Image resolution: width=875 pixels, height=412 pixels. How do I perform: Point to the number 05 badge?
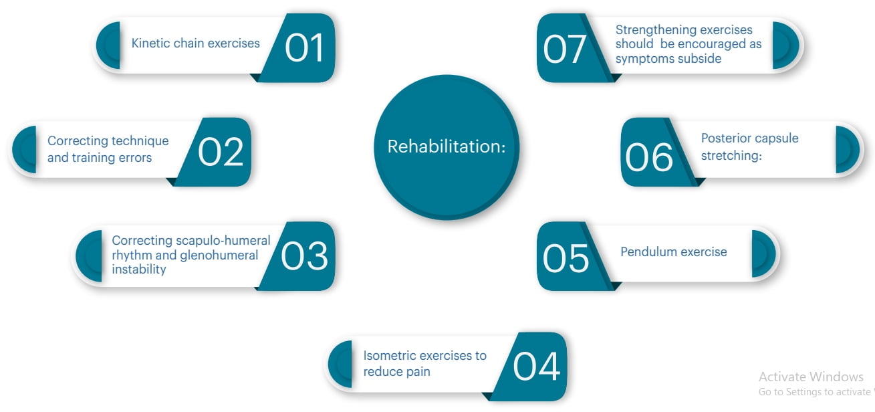[572, 256]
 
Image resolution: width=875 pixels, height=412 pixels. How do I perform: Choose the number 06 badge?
[656, 152]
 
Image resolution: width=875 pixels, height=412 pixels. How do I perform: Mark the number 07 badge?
[572, 47]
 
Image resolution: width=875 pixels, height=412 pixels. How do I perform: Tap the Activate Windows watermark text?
[811, 377]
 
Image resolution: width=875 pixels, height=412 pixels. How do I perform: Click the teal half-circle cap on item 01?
[108, 45]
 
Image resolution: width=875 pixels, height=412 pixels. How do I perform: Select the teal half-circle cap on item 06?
[848, 149]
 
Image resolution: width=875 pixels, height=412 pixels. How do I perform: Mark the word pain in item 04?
[418, 372]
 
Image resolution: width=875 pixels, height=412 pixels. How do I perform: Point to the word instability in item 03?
[138, 270]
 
